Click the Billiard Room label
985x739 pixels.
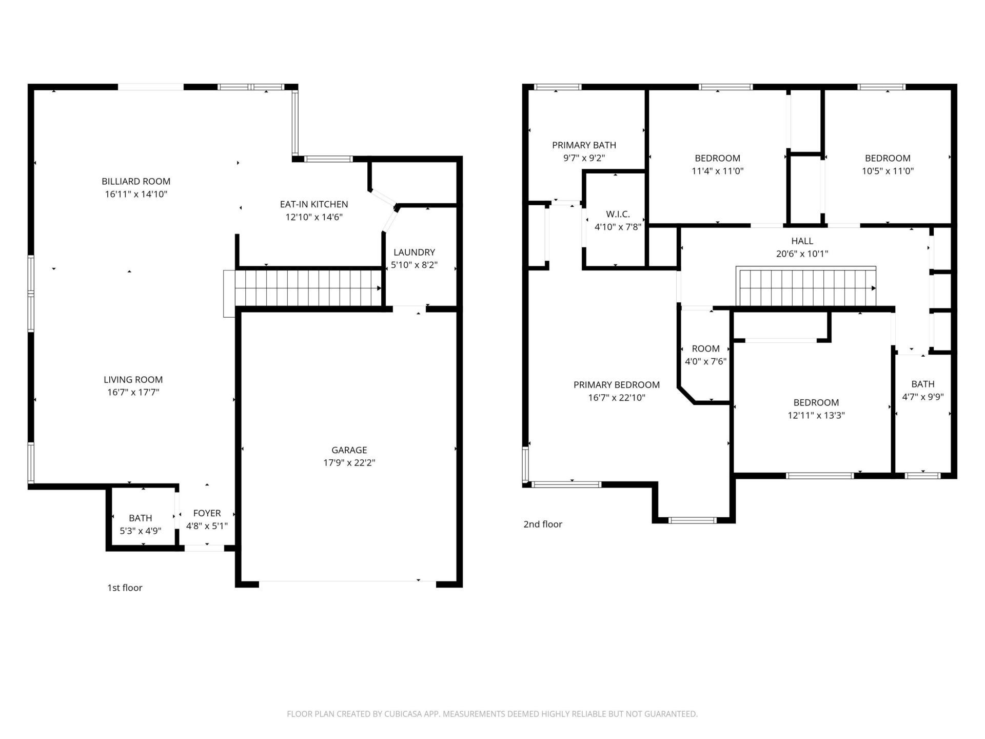click(x=136, y=181)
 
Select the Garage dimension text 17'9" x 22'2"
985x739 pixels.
click(x=349, y=462)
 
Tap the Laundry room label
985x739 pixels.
click(x=414, y=252)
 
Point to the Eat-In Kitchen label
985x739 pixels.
click(x=313, y=204)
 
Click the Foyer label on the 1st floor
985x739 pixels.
click(x=207, y=513)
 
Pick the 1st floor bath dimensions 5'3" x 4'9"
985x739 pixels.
click(x=140, y=531)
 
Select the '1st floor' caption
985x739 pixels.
click(x=125, y=588)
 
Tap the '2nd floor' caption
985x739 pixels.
click(x=542, y=524)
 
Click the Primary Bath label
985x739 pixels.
click(x=584, y=145)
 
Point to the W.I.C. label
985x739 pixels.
click(x=618, y=214)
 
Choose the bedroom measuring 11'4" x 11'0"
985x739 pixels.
click(x=717, y=164)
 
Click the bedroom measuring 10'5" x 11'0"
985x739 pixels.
click(x=888, y=164)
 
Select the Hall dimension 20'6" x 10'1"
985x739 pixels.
click(x=802, y=254)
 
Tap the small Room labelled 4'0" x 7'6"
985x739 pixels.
click(x=705, y=355)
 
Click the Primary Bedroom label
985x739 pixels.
click(x=616, y=385)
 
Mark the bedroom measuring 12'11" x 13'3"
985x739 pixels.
click(x=816, y=409)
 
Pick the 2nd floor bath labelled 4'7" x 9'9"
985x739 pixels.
click(x=922, y=390)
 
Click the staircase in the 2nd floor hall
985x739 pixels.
click(x=805, y=287)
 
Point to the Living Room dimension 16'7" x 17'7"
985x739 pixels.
click(x=133, y=393)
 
